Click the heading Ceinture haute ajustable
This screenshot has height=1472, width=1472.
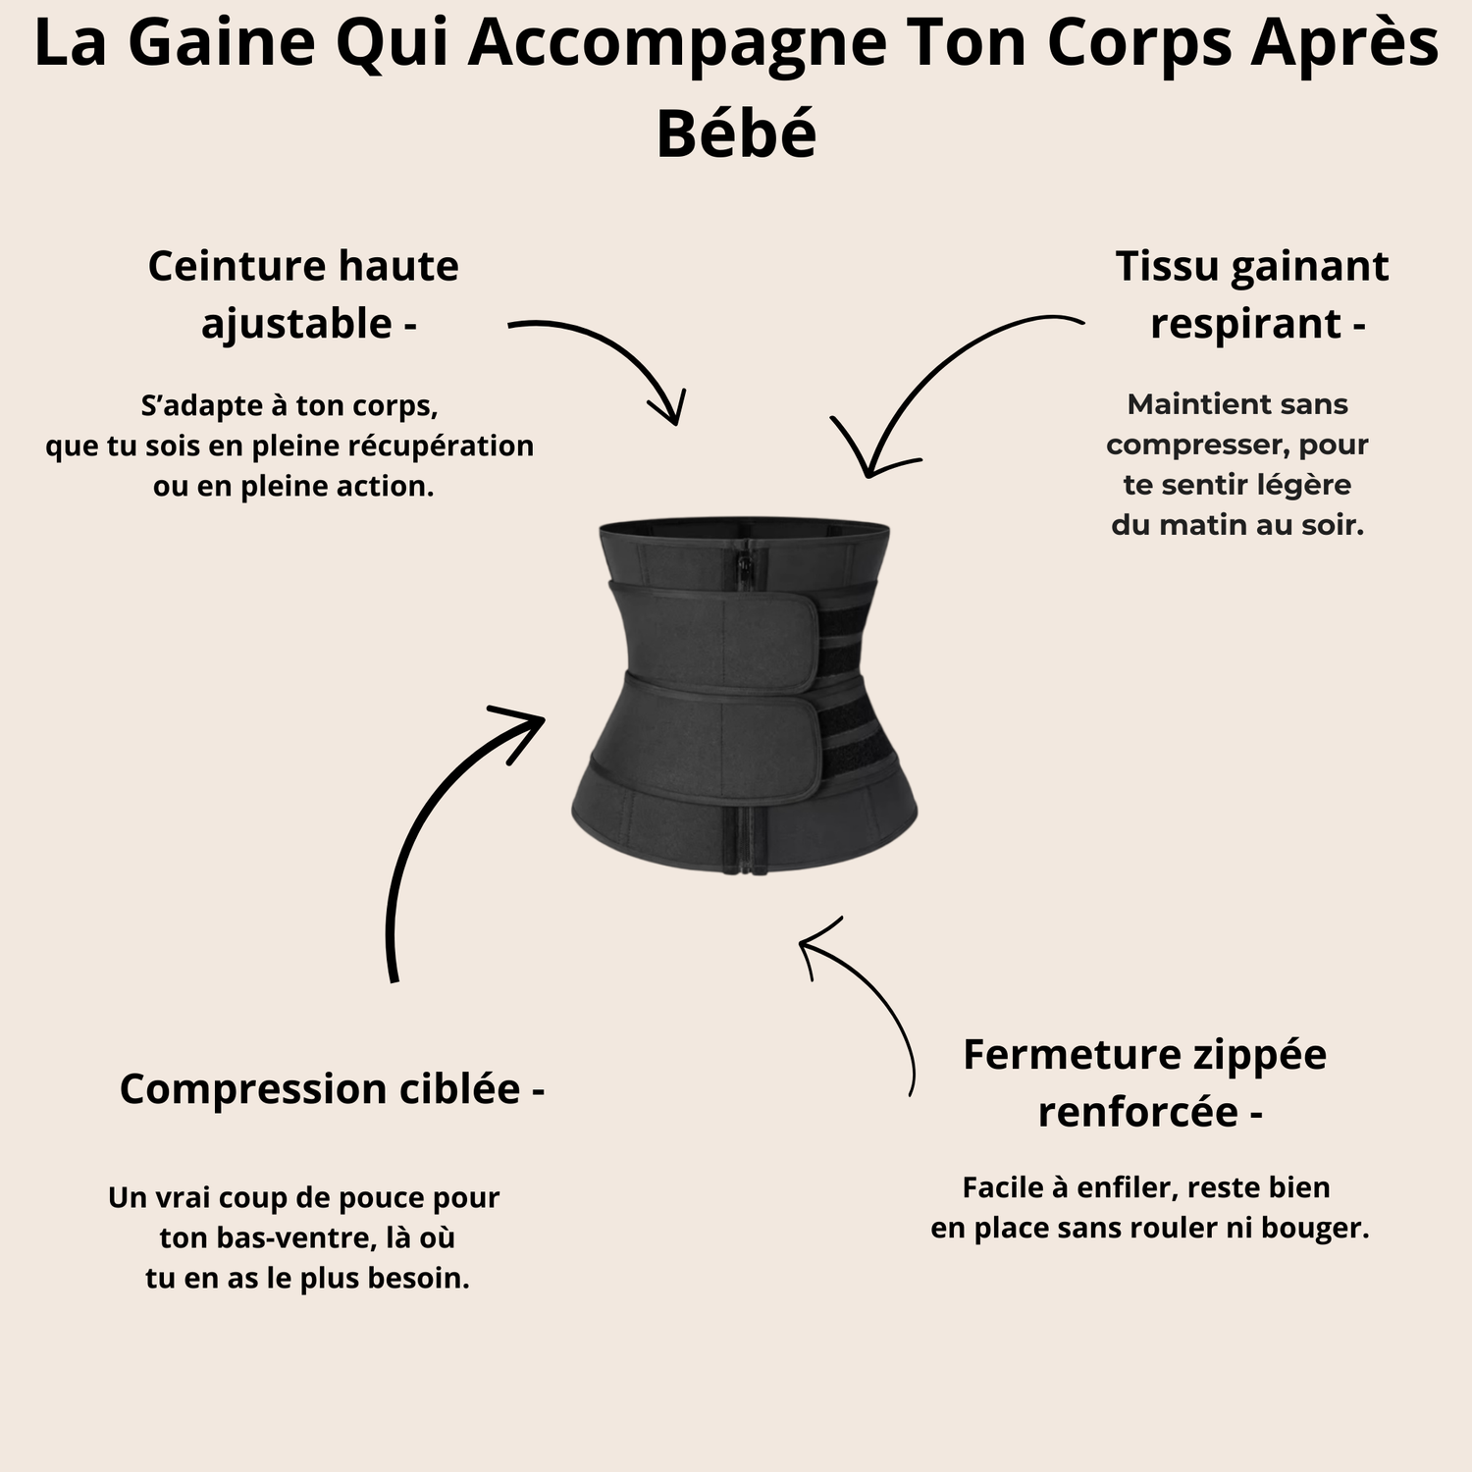[x=303, y=294]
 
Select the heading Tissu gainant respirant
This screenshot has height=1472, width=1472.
[x=1252, y=294]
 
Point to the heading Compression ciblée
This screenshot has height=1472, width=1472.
[x=332, y=1088]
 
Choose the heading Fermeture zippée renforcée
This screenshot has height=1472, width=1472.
[x=1145, y=1082]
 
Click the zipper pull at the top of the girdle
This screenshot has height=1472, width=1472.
[x=746, y=566]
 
